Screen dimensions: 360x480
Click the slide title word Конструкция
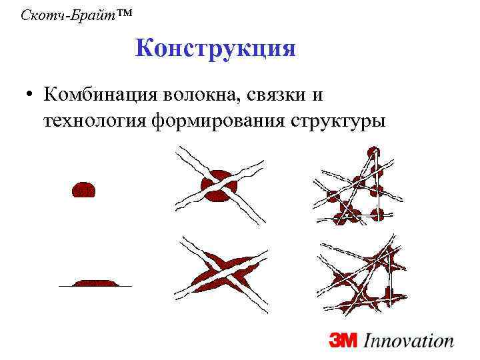[215, 49]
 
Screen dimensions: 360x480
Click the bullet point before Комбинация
[29, 94]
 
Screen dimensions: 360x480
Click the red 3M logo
[343, 341]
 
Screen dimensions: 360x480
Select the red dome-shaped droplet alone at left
[85, 189]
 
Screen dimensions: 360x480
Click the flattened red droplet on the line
[95, 283]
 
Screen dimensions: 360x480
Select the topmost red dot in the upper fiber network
[374, 151]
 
